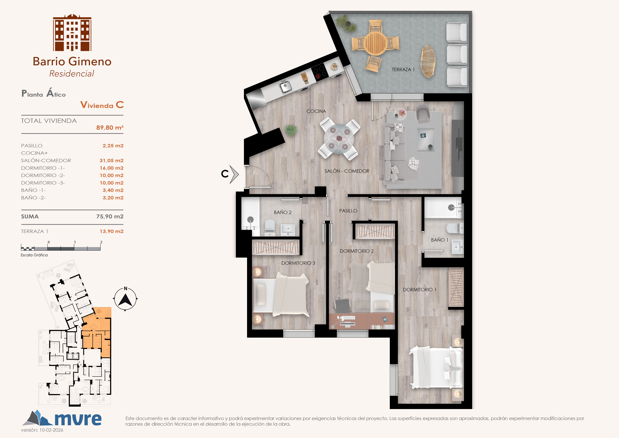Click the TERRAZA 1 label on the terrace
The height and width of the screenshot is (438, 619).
pyautogui.click(x=403, y=70)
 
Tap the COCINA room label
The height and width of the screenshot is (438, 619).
pyautogui.click(x=316, y=111)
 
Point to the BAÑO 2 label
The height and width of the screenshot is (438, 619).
pyautogui.click(x=282, y=212)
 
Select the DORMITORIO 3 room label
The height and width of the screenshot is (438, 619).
pyautogui.click(x=298, y=263)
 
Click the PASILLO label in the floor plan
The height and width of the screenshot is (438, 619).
pyautogui.click(x=348, y=211)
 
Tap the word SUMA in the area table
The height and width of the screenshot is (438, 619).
pyautogui.click(x=30, y=217)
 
